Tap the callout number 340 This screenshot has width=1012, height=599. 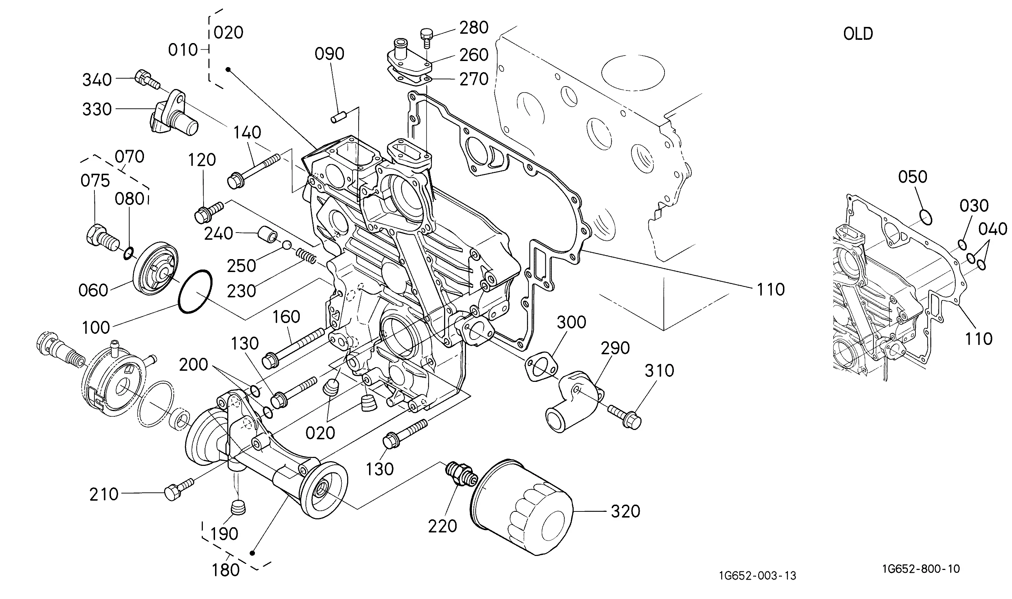pyautogui.click(x=97, y=80)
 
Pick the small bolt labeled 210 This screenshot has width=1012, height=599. pyautogui.click(x=179, y=489)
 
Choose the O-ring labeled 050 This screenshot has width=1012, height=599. pyautogui.click(x=925, y=217)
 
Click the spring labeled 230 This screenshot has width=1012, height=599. pyautogui.click(x=308, y=256)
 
